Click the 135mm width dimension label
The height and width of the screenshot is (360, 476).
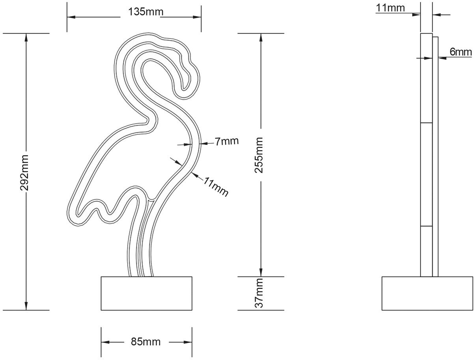pos(145,12)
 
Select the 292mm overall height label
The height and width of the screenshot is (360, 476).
pos(24,172)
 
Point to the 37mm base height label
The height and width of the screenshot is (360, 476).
pos(259,293)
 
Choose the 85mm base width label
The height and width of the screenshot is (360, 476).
pos(146,342)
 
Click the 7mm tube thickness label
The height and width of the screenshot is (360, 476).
pos(226,141)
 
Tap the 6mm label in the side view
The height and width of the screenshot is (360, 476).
pos(460,52)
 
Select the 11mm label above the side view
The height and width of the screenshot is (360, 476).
pos(390,7)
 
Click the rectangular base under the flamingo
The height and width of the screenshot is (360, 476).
pos(146,293)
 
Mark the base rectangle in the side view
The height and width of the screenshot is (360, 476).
pos(427,293)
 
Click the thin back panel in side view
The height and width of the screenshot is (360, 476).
pos(435,158)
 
